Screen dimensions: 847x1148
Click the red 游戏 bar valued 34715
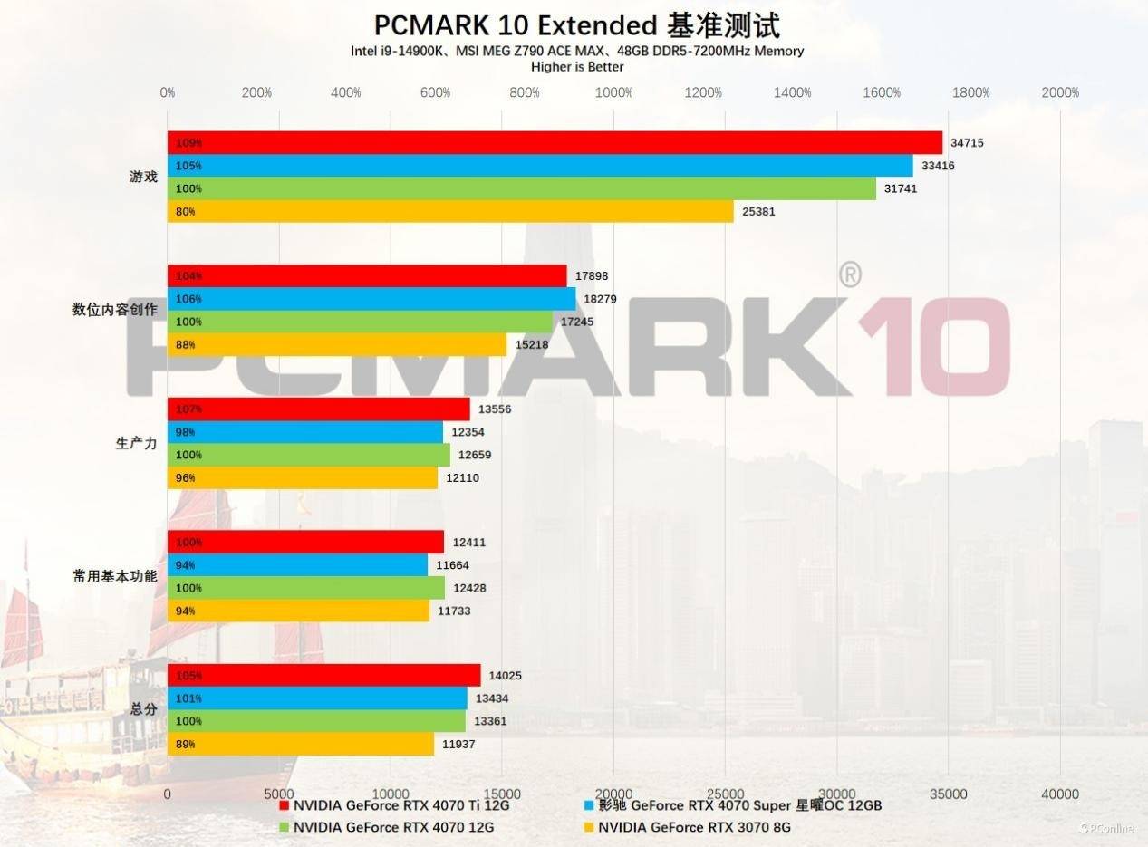(x=555, y=143)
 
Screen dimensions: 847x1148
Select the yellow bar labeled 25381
(x=450, y=212)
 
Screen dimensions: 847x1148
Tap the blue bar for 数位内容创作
(x=371, y=299)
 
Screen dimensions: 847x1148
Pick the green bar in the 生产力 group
(x=308, y=455)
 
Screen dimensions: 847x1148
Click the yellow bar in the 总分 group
(x=301, y=744)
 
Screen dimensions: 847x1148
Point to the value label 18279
(x=602, y=299)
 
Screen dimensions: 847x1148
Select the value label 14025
(x=505, y=676)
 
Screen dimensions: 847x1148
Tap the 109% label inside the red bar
(x=189, y=143)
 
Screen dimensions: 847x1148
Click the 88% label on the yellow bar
(x=186, y=344)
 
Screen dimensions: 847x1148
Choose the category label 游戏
(x=143, y=177)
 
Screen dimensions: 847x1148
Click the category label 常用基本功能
(x=115, y=576)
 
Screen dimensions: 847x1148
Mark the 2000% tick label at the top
(x=1060, y=92)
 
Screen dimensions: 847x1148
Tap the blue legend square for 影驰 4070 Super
(x=589, y=805)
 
